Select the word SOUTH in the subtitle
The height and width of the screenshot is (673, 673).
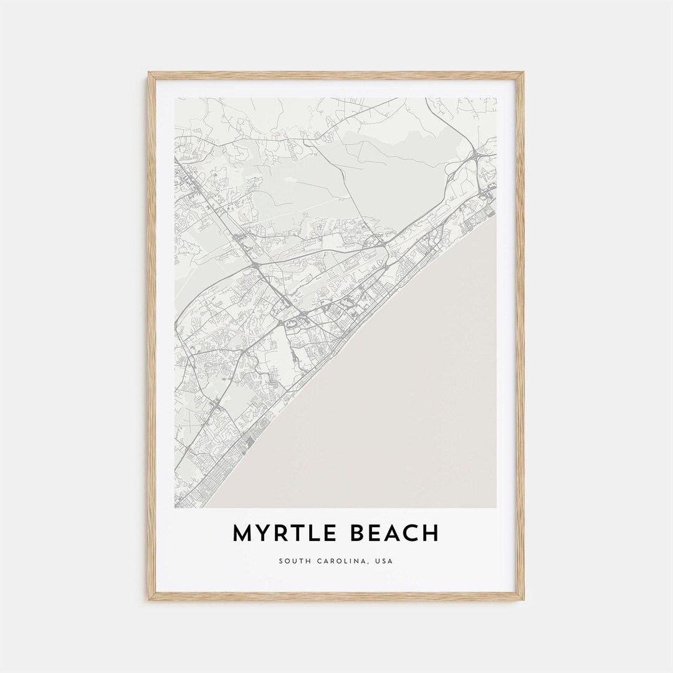(293, 561)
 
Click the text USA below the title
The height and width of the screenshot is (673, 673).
(384, 561)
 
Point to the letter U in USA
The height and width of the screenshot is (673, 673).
(378, 561)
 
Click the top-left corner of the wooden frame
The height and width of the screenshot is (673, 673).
(149, 73)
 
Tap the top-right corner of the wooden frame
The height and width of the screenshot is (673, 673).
(523, 73)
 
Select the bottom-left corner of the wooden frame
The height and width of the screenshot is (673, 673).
(149, 599)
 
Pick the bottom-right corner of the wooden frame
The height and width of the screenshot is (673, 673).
(523, 599)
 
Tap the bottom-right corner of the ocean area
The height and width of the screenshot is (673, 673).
(495, 507)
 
